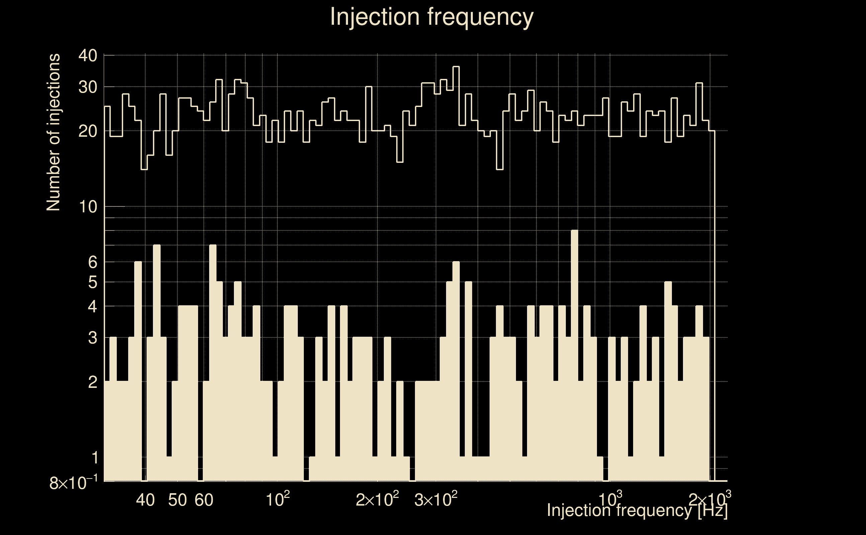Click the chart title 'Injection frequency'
432,17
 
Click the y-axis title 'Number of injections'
53,132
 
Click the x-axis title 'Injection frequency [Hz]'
637,510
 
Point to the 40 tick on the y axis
87,56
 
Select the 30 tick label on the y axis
87,87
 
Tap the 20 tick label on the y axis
87,132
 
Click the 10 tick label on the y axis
87,207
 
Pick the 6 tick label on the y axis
92,262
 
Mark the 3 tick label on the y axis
92,338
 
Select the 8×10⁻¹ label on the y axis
74,483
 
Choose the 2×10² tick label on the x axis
377,500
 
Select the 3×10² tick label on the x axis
435,500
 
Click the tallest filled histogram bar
575,354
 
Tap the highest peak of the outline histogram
456,67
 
